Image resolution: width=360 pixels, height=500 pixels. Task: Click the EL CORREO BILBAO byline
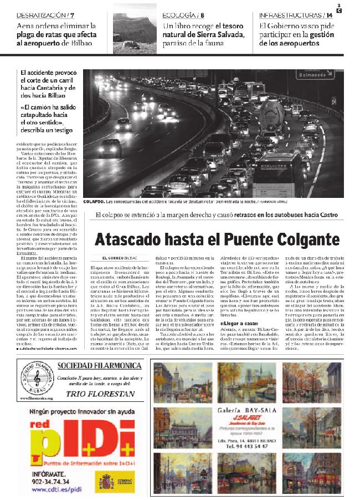coord(120,258)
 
